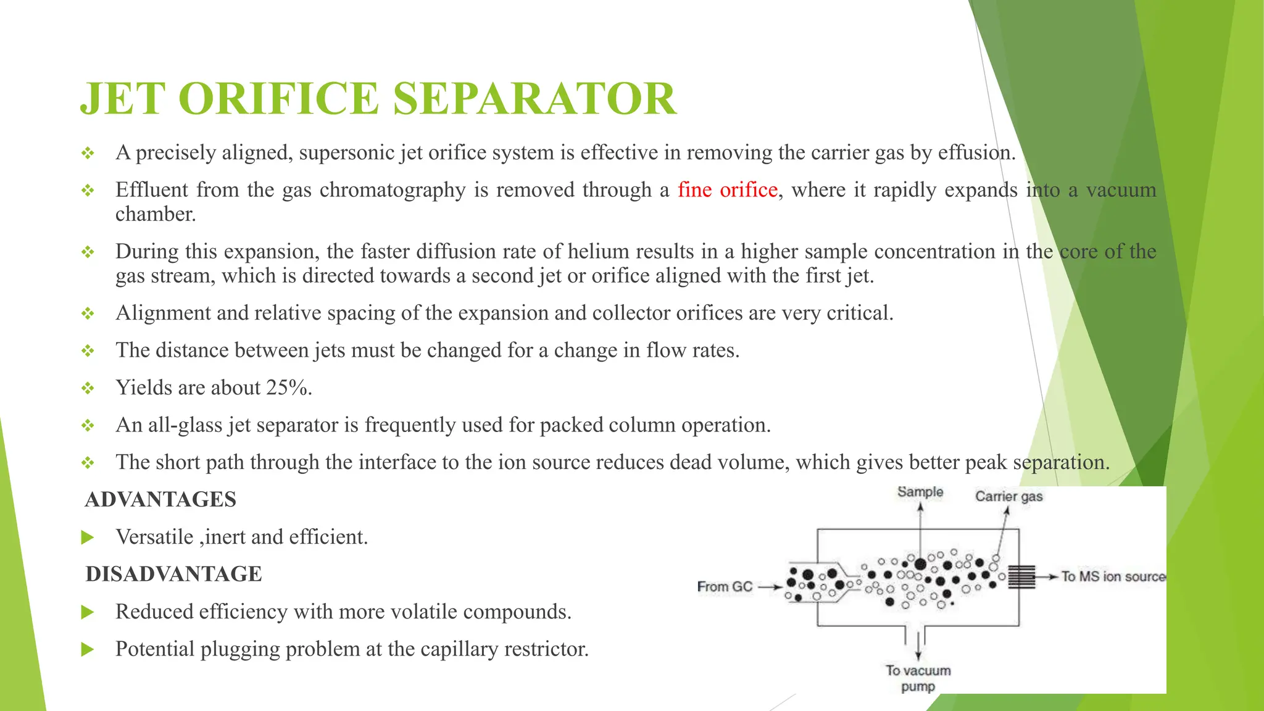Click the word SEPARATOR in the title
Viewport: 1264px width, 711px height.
point(534,99)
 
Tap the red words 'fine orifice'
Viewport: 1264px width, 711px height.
point(727,189)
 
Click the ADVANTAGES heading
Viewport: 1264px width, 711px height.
point(160,499)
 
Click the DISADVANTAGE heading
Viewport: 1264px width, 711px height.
point(173,574)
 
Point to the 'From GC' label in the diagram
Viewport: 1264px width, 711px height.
point(725,586)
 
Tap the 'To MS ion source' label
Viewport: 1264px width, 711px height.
point(1113,576)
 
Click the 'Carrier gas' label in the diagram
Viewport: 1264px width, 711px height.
point(1008,496)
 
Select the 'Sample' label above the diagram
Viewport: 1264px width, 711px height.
point(920,492)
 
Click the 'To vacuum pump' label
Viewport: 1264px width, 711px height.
point(918,678)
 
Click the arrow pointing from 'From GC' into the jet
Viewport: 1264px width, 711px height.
point(770,587)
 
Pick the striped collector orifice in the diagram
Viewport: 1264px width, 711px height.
point(1021,576)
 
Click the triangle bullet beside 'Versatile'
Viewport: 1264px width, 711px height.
point(88,538)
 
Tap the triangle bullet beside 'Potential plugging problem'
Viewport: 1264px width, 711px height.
point(88,649)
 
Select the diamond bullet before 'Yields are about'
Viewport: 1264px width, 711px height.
point(88,388)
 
